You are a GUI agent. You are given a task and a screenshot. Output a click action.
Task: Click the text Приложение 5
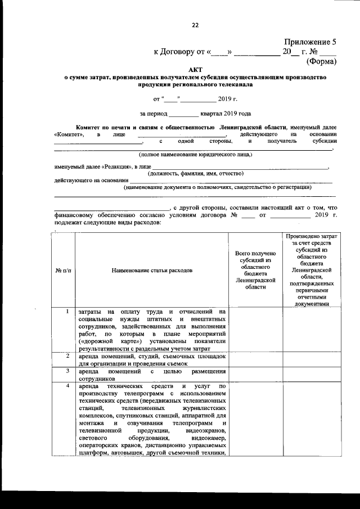(x=310, y=42)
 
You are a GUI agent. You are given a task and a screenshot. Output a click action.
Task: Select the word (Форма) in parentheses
(x=321, y=61)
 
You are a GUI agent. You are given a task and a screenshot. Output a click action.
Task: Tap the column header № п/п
(x=64, y=271)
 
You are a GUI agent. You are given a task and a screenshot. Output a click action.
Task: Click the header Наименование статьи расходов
(x=152, y=271)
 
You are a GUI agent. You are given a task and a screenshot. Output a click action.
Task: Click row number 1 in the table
(x=67, y=312)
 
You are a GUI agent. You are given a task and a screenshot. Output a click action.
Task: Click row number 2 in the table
(x=67, y=356)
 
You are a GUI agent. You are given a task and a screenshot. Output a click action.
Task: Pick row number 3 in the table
(x=67, y=371)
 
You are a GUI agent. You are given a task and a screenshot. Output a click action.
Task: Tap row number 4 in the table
(x=67, y=386)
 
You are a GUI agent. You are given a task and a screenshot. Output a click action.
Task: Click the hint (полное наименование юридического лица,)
(x=196, y=154)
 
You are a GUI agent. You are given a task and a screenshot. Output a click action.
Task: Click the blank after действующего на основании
(x=231, y=180)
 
